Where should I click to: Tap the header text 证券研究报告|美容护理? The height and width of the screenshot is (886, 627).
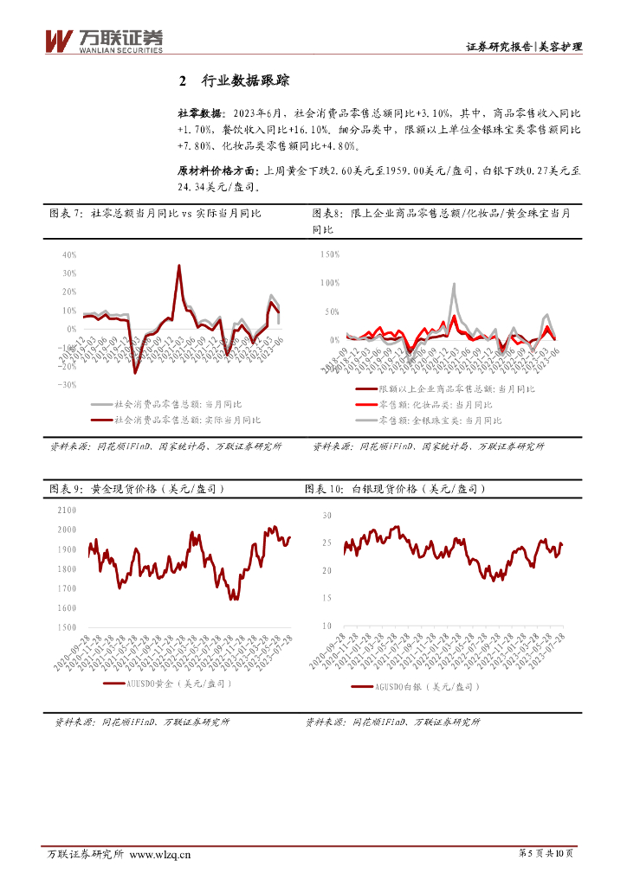click(x=523, y=47)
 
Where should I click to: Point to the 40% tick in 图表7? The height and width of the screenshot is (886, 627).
click(x=70, y=255)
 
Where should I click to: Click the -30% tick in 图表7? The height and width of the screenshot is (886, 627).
click(x=68, y=385)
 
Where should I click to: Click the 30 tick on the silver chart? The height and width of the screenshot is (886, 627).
click(x=326, y=515)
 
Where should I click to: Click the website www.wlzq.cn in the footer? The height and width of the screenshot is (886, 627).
click(x=160, y=854)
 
